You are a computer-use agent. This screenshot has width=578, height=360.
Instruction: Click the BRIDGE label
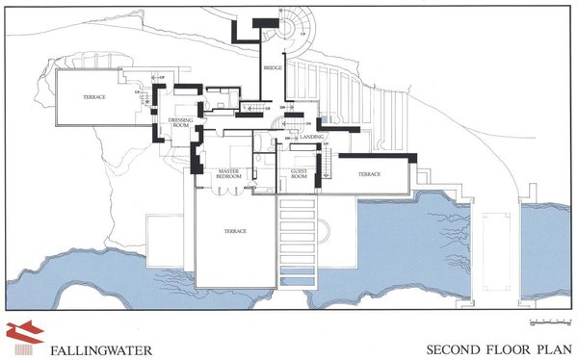tap(273, 69)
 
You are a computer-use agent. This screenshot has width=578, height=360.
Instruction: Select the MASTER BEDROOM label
tap(227, 173)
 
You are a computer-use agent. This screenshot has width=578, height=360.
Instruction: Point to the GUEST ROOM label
tap(299, 174)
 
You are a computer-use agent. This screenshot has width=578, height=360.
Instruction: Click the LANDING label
tap(311, 137)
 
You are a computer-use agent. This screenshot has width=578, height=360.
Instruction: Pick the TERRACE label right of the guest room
tap(370, 174)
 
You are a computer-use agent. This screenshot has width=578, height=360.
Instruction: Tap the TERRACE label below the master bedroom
tap(236, 231)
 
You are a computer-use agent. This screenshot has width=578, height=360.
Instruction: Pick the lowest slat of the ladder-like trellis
tap(298, 279)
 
